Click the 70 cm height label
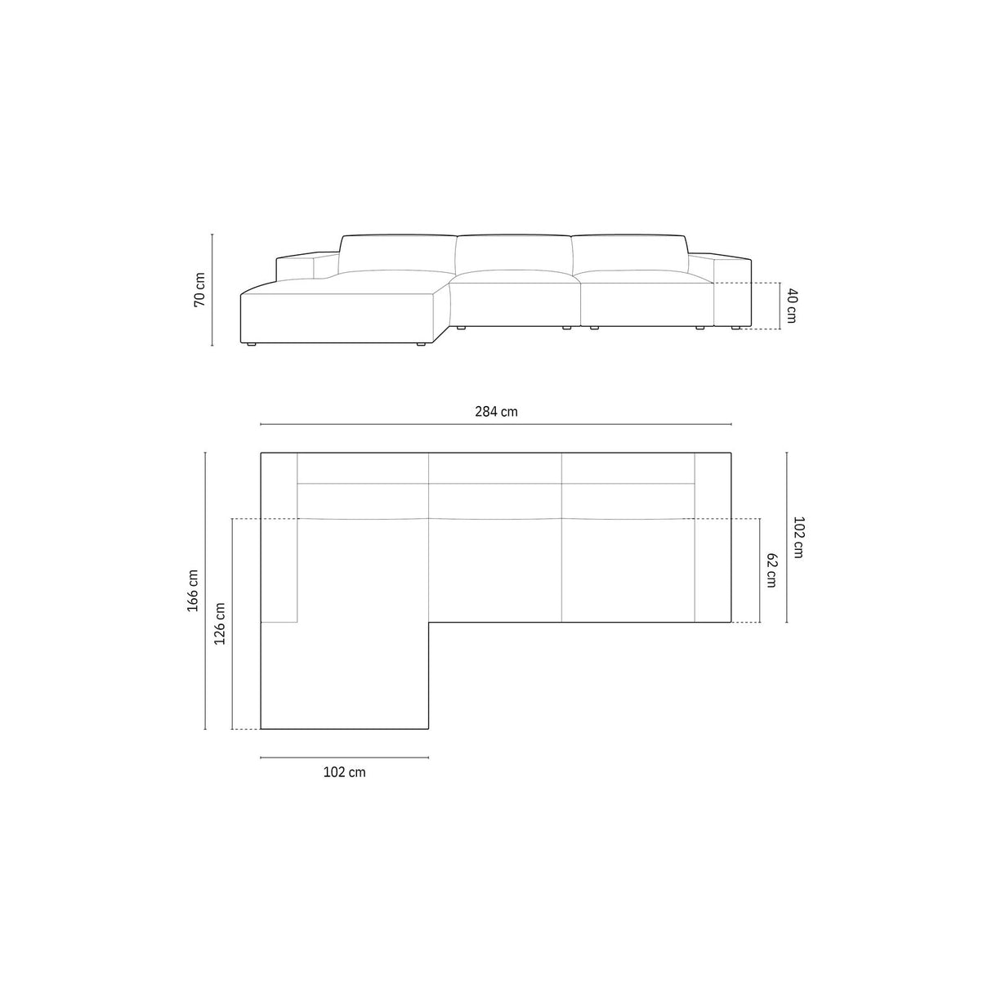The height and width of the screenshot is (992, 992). (199, 289)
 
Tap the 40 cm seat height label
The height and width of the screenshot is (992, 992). (790, 306)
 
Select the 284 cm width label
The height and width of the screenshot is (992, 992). (496, 412)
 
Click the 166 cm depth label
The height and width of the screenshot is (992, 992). (194, 590)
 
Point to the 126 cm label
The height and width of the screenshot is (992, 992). (220, 624)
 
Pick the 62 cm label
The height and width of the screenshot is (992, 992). (771, 570)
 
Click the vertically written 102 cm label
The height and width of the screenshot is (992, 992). (798, 537)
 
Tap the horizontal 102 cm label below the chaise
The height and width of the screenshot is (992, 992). (344, 772)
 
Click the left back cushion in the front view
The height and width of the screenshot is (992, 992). (397, 254)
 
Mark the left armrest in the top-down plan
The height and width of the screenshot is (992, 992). (279, 537)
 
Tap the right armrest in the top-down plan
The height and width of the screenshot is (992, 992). (712, 537)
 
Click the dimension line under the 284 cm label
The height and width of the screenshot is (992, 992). (496, 425)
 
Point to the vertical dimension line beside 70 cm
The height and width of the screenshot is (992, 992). (212, 289)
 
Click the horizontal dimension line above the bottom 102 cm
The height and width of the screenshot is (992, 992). (344, 758)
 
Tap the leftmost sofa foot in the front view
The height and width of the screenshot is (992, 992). (251, 345)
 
